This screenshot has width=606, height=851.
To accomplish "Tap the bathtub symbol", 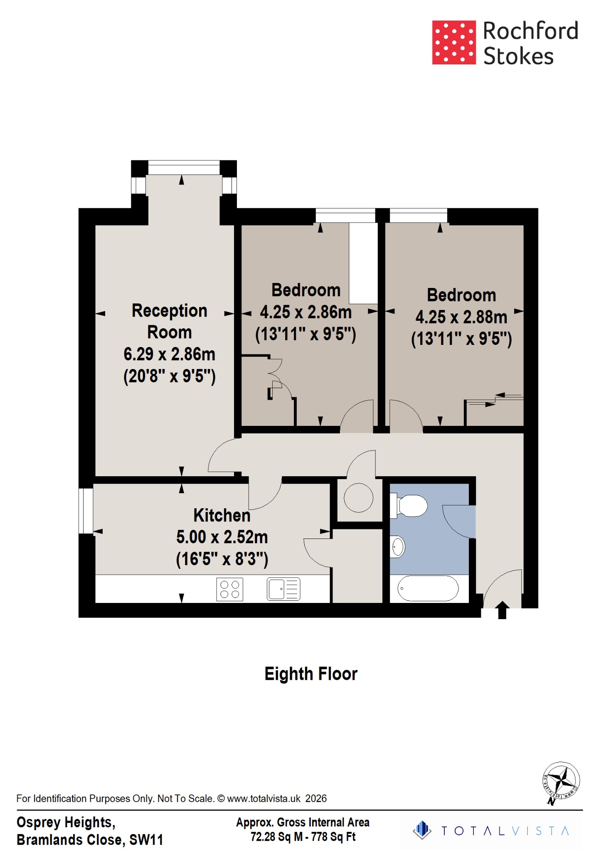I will tap(428, 588).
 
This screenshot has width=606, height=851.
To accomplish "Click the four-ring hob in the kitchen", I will tap(229, 589).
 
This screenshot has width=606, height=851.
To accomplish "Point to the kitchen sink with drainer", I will tap(283, 589).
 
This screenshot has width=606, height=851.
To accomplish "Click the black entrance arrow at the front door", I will tap(502, 610).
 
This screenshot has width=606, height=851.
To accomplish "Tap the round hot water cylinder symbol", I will tap(358, 497).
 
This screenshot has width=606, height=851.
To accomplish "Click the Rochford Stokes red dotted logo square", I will tap(453, 42).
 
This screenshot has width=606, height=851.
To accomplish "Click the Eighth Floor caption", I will tap(310, 674).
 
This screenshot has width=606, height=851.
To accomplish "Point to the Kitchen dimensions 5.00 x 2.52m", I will tap(222, 537).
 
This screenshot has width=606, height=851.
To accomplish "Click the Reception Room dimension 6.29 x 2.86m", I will tap(169, 354).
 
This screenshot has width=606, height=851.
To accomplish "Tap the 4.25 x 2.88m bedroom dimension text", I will tap(461, 317).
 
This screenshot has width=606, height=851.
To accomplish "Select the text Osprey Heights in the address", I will tap(65, 822).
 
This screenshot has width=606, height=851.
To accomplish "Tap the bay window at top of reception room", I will tap(184, 167).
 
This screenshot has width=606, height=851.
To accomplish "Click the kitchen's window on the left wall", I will tap(86, 511).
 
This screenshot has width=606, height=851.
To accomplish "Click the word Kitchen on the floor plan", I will tap(222, 515).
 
